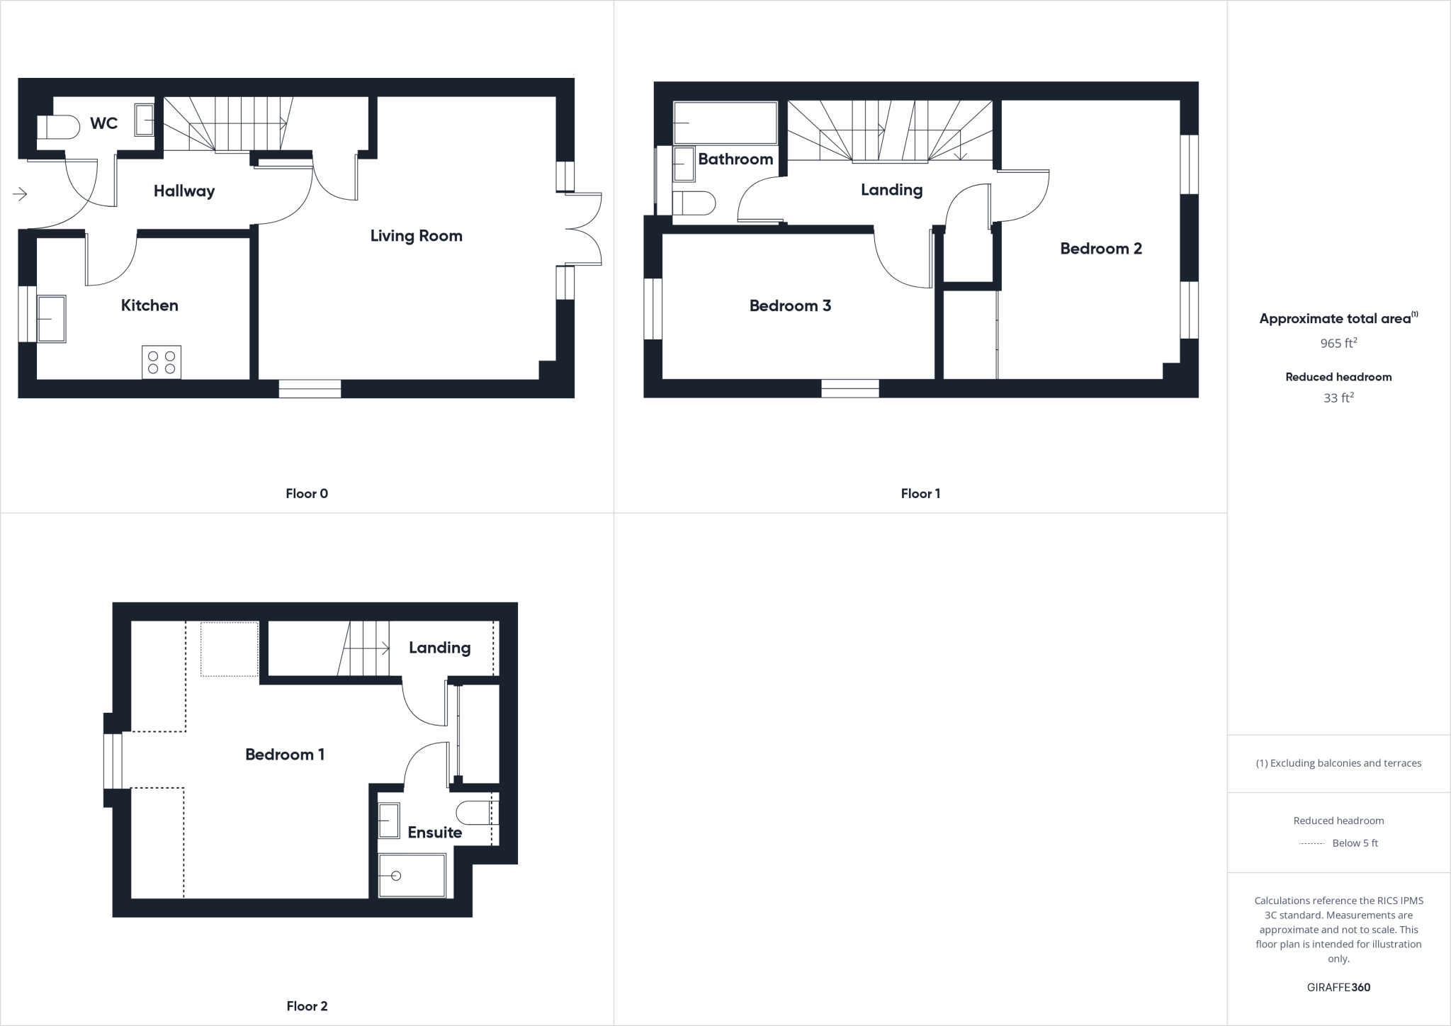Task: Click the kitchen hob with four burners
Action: pyautogui.click(x=162, y=362)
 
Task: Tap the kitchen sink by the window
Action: pyautogui.click(x=51, y=319)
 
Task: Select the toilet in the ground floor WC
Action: pyautogui.click(x=58, y=128)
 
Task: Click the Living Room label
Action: pyautogui.click(x=416, y=236)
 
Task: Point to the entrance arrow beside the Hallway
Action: pyautogui.click(x=19, y=193)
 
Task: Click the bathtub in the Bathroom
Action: pyautogui.click(x=724, y=123)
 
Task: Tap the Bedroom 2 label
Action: pyautogui.click(x=1100, y=249)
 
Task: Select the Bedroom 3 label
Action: pyautogui.click(x=790, y=306)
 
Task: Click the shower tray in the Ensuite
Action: pyautogui.click(x=412, y=876)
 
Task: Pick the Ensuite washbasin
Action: pyautogui.click(x=388, y=821)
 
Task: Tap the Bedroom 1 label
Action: pyautogui.click(x=285, y=755)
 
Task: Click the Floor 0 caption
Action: pyautogui.click(x=307, y=494)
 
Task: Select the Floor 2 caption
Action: pyautogui.click(x=307, y=1006)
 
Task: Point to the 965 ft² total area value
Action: pyautogui.click(x=1338, y=344)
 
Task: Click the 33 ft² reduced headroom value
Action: pyautogui.click(x=1338, y=398)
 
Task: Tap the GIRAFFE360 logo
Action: pyautogui.click(x=1338, y=987)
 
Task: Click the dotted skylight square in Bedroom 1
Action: pyautogui.click(x=229, y=648)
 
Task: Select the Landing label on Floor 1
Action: pyautogui.click(x=891, y=190)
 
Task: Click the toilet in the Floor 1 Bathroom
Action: pyautogui.click(x=693, y=203)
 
